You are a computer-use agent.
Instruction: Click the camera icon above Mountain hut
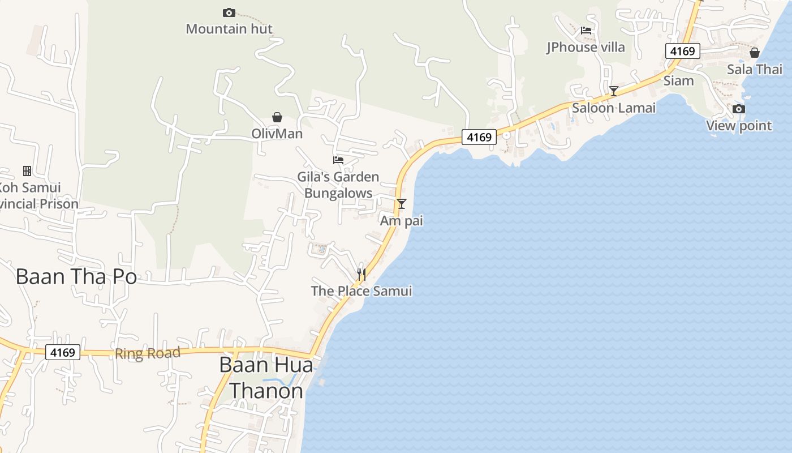229,12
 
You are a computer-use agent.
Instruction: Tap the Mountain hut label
229,28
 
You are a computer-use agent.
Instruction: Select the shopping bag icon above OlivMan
277,117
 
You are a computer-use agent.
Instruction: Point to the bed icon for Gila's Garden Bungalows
338,160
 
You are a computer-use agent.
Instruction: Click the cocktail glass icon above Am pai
402,203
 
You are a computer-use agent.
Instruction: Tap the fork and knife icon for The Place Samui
361,275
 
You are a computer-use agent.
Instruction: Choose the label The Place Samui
361,291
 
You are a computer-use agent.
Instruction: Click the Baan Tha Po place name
76,277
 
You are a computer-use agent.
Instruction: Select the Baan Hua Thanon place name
266,378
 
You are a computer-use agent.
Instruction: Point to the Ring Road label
148,354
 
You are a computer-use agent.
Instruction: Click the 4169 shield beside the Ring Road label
62,352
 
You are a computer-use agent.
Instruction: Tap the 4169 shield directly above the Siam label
683,52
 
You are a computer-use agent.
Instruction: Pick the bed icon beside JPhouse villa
586,31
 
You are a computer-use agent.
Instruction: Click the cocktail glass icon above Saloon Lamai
613,91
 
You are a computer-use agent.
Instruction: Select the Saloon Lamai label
614,108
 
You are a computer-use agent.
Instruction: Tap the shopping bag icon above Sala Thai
754,53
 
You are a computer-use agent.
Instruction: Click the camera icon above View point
738,109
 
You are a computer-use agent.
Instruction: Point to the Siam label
678,80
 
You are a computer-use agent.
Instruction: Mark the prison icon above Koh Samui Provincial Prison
27,170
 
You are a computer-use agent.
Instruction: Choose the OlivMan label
277,134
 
